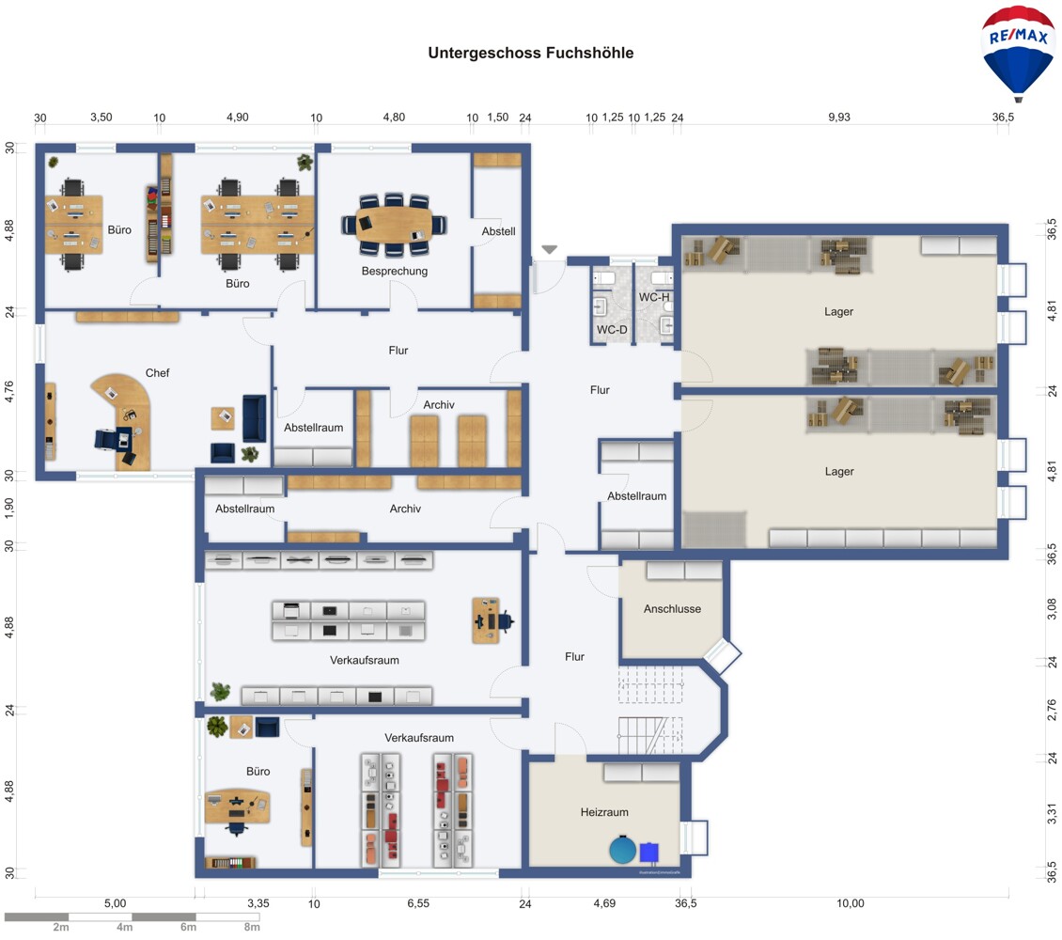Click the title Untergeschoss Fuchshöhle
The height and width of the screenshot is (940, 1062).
click(x=530, y=53)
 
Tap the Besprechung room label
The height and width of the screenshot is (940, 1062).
click(x=394, y=271)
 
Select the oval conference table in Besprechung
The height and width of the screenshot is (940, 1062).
click(x=394, y=224)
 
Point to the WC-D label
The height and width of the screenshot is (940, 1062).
click(x=612, y=330)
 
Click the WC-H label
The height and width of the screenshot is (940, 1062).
click(x=654, y=297)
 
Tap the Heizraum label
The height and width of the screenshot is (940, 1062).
click(x=604, y=812)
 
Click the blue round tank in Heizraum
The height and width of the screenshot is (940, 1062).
click(x=622, y=850)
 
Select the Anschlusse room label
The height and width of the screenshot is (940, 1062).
click(x=672, y=609)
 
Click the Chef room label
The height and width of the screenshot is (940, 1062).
click(x=157, y=373)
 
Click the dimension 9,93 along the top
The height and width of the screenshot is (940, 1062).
click(x=838, y=117)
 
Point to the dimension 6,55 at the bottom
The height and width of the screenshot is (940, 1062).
click(x=418, y=903)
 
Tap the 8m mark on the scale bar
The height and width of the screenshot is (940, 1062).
click(x=252, y=927)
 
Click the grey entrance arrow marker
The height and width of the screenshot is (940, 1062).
click(x=549, y=250)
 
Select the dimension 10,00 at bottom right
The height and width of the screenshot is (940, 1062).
click(x=850, y=903)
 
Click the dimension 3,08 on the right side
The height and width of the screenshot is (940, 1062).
click(x=1052, y=609)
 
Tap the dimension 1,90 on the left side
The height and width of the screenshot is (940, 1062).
click(x=8, y=509)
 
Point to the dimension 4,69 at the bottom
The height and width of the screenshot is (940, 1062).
click(x=604, y=903)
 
